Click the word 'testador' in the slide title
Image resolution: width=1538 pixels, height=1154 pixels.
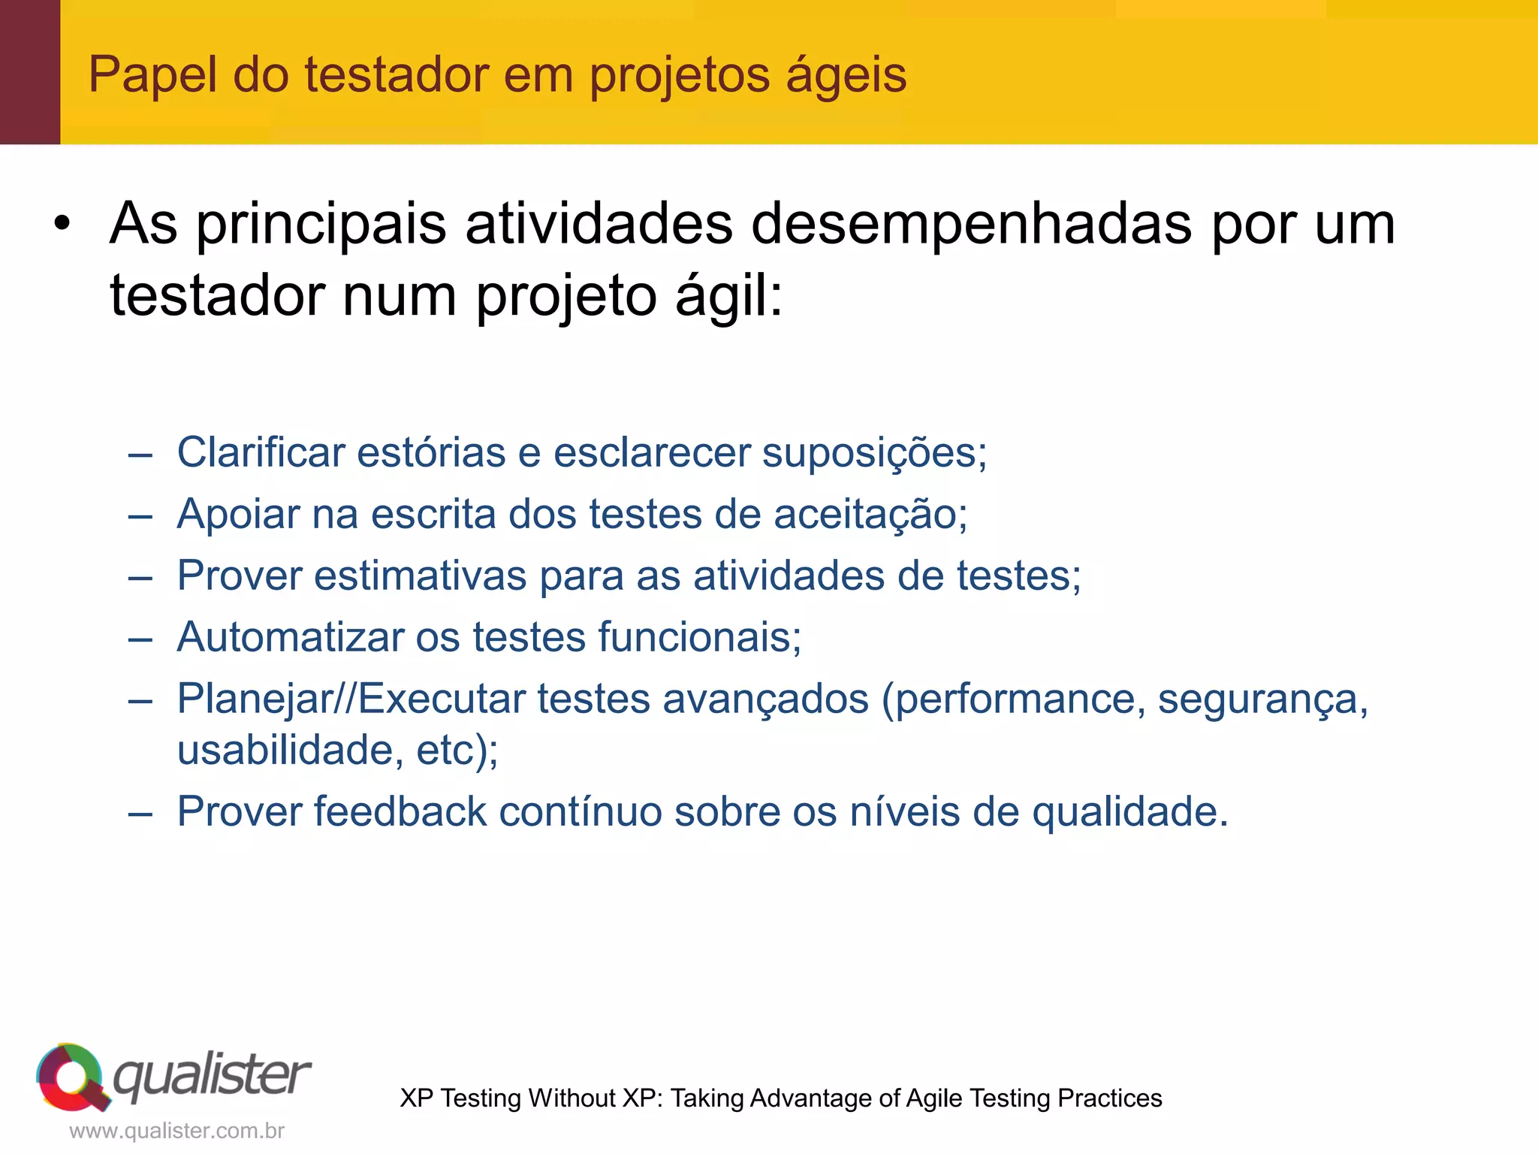pyautogui.click(x=397, y=75)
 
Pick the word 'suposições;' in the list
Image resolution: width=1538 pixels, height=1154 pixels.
pyautogui.click(x=874, y=454)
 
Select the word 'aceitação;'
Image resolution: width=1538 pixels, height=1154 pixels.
pyautogui.click(x=870, y=515)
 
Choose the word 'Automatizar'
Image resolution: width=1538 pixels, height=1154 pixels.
pyautogui.click(x=291, y=637)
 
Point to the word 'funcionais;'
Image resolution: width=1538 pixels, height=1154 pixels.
pyautogui.click(x=699, y=637)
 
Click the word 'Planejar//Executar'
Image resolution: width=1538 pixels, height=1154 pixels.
pyautogui.click(x=351, y=699)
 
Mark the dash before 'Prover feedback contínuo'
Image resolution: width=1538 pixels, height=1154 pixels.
pyautogui.click(x=140, y=813)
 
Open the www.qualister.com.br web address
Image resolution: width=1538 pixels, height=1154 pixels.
pyautogui.click(x=176, y=1131)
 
